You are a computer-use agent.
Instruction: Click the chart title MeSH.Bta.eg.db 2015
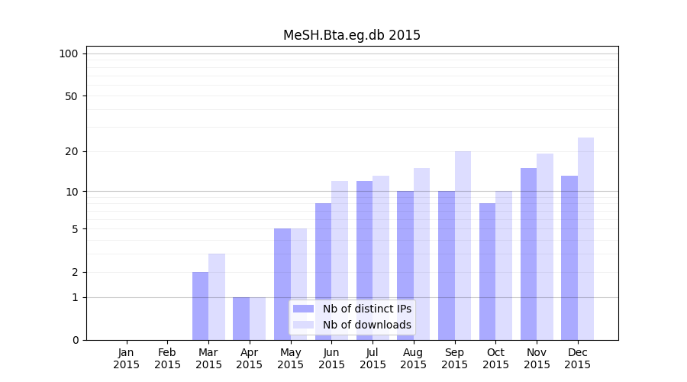pos(351,35)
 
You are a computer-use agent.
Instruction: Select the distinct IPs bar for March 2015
pos(200,306)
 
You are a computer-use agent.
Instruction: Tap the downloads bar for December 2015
pos(585,238)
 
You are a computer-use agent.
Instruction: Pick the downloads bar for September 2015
pos(463,245)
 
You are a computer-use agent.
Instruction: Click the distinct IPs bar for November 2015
pos(528,254)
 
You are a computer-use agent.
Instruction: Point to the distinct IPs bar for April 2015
pos(241,319)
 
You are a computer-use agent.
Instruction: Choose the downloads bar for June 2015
pos(340,261)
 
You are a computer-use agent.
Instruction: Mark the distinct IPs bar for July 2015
pos(364,261)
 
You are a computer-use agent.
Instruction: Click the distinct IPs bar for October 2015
pos(487,271)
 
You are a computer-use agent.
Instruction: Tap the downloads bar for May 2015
pos(298,284)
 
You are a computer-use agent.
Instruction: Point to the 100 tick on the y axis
pos(69,53)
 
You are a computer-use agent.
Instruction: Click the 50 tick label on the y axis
pos(72,96)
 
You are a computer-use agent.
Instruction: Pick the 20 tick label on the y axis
pos(72,151)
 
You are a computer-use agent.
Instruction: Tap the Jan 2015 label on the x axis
pos(127,358)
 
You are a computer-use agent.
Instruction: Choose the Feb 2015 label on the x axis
pos(168,358)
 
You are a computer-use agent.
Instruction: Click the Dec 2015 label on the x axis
pos(578,358)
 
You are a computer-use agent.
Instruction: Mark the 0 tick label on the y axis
pos(75,340)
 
